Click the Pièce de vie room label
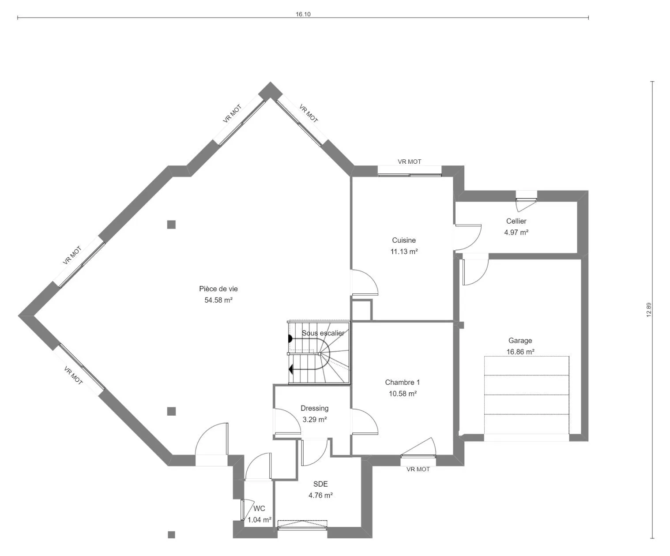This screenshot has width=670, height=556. tap(218, 289)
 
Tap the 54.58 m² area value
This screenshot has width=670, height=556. tap(218, 301)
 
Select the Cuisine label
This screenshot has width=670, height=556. tap(404, 240)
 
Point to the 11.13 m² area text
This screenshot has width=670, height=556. tap(404, 252)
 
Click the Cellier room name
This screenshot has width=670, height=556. tap(516, 221)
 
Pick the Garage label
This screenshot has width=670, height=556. tap(520, 340)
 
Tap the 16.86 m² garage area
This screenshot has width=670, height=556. tap(520, 352)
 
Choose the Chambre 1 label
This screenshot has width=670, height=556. tap(402, 383)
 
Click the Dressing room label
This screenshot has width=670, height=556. tap(314, 408)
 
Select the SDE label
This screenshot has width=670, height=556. tap(320, 484)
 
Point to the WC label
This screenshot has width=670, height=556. tap(259, 508)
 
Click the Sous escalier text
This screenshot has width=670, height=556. tap(323, 333)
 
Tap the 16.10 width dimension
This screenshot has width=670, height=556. tap(303, 14)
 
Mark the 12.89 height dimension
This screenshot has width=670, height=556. tap(649, 310)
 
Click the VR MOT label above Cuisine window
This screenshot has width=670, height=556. tap(410, 162)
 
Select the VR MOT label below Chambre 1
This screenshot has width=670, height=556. tap(418, 469)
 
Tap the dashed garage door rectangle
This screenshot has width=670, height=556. tap(527, 395)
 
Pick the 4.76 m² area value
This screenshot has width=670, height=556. tap(320, 496)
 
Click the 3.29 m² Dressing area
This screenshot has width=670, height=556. tap(314, 419)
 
